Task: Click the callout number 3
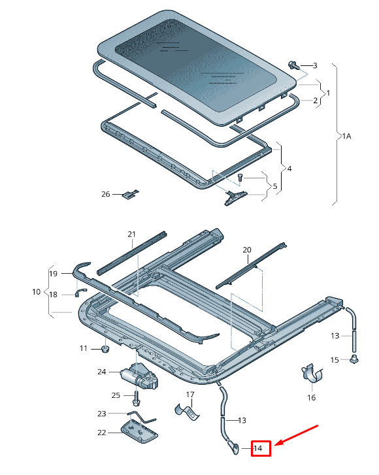[x=315, y=65]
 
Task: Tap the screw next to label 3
[x=293, y=65]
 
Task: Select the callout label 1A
[x=347, y=137]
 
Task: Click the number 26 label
[x=105, y=194]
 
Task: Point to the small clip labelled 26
[x=131, y=193]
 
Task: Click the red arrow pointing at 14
[x=296, y=435]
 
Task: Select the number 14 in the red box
[x=257, y=448]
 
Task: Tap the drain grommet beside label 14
[x=234, y=447]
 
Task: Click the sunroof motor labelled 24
[x=140, y=376]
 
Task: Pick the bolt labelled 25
[x=136, y=398]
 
